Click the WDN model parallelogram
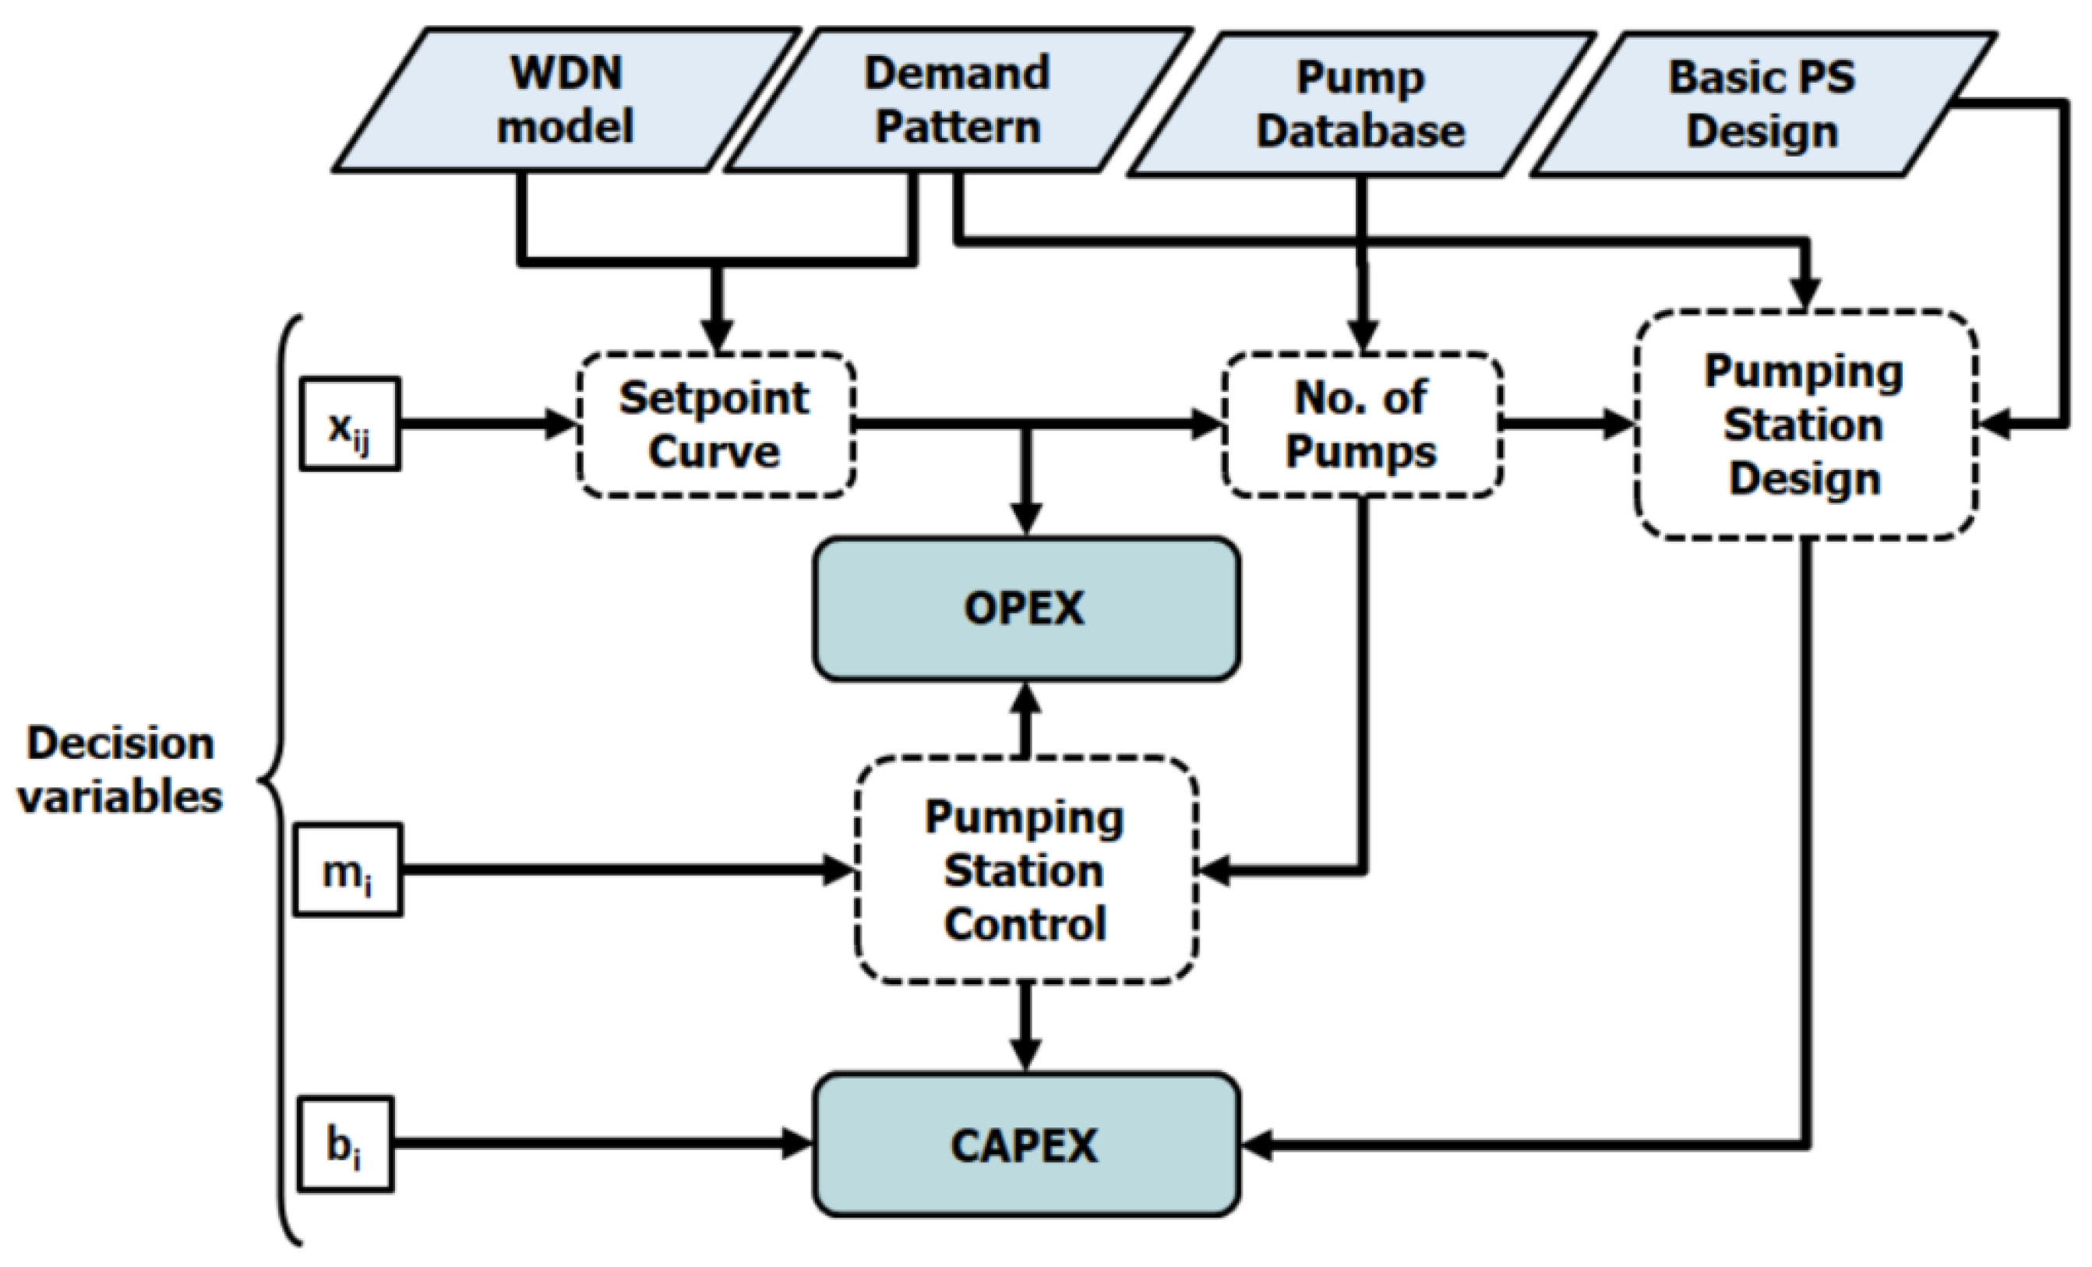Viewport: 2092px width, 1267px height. (566, 101)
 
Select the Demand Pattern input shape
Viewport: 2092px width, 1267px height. (958, 101)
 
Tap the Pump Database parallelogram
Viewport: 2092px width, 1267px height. (1361, 104)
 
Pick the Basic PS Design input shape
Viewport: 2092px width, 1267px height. (1762, 104)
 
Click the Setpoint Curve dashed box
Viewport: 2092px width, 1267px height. (716, 425)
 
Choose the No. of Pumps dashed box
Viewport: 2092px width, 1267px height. (1362, 425)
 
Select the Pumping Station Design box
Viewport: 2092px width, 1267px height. (1806, 425)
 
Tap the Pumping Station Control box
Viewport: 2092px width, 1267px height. (1025, 870)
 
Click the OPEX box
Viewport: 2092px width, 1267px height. (1025, 609)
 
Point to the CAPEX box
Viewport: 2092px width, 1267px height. (1025, 1145)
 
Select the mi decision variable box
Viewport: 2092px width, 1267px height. (348, 870)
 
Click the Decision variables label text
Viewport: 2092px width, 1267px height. (121, 770)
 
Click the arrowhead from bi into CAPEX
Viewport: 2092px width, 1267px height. (796, 1144)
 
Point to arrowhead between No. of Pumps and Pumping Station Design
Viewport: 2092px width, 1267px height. (1618, 424)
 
